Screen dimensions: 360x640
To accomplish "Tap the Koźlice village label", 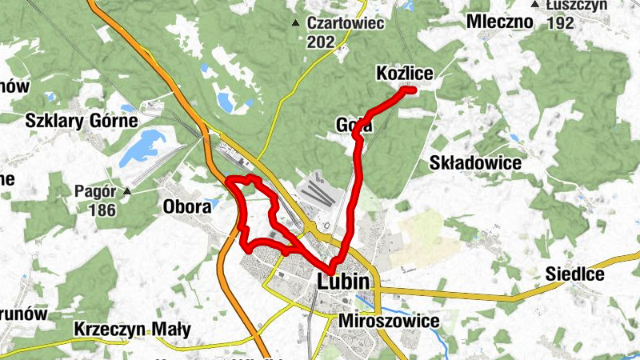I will tap(404, 74).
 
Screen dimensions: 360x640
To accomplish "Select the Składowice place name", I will tap(475, 163).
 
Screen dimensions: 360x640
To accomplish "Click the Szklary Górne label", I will tap(82, 121).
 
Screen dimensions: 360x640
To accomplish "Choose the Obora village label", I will tap(187, 206).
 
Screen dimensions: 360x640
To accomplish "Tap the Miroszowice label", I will tap(390, 321).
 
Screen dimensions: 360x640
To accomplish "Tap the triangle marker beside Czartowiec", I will tap(297, 22).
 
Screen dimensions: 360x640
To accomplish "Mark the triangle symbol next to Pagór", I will tap(126, 191).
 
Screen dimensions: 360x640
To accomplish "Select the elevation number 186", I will tap(103, 210).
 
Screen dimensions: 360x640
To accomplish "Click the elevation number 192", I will tap(561, 23).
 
